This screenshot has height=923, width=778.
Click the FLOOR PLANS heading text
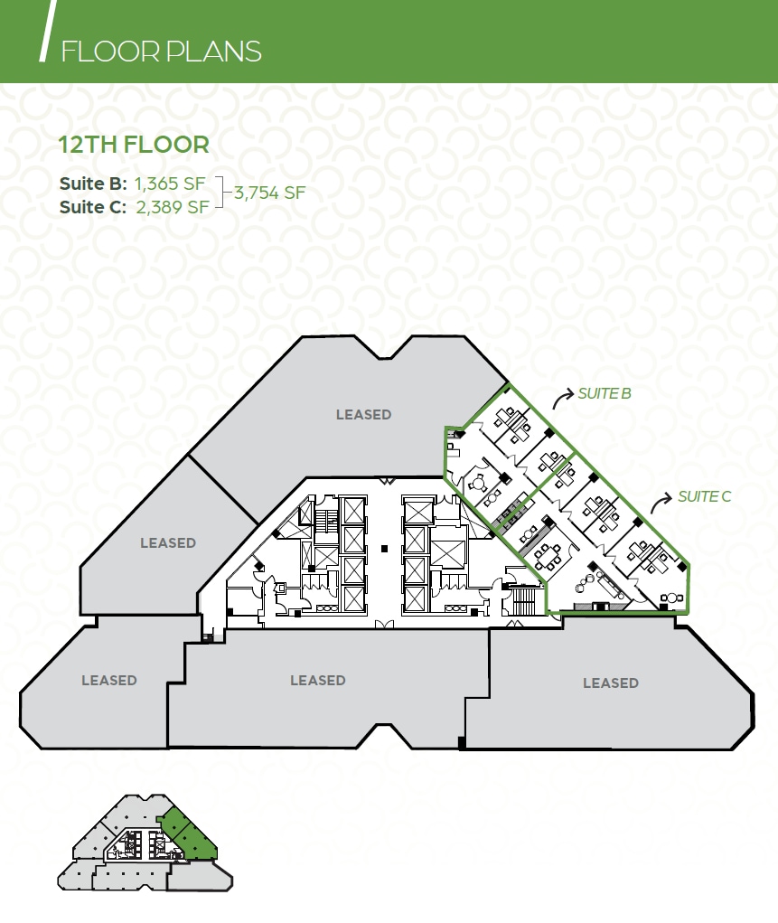coord(161,52)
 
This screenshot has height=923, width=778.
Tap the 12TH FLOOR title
coord(134,144)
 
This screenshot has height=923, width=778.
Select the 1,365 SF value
coord(170,183)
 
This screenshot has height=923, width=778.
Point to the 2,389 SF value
coord(173,206)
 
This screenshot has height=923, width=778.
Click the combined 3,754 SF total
coord(269,192)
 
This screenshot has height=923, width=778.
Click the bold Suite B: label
coord(93,183)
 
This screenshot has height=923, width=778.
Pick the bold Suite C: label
coord(94,206)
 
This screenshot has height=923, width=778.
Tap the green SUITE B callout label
coord(605,393)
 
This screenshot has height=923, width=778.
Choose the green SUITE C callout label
coord(704,496)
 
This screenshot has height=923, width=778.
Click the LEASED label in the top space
coord(363,414)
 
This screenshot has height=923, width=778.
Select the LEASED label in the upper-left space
coord(168,542)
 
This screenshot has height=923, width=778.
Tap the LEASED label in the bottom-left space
coord(109,680)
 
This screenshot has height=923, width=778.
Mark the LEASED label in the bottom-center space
coord(318,680)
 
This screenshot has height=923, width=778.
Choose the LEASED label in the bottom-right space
coord(611,683)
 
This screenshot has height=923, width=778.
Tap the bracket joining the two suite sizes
coord(224,193)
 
